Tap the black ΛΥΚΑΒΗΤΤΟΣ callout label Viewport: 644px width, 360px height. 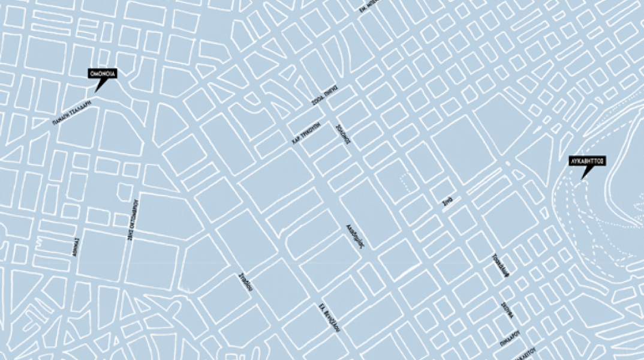[x=586, y=161]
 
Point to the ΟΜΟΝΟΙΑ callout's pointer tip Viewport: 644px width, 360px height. [x=97, y=91]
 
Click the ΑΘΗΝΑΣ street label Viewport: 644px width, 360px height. [x=74, y=247]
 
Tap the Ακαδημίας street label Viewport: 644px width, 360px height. [x=356, y=236]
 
